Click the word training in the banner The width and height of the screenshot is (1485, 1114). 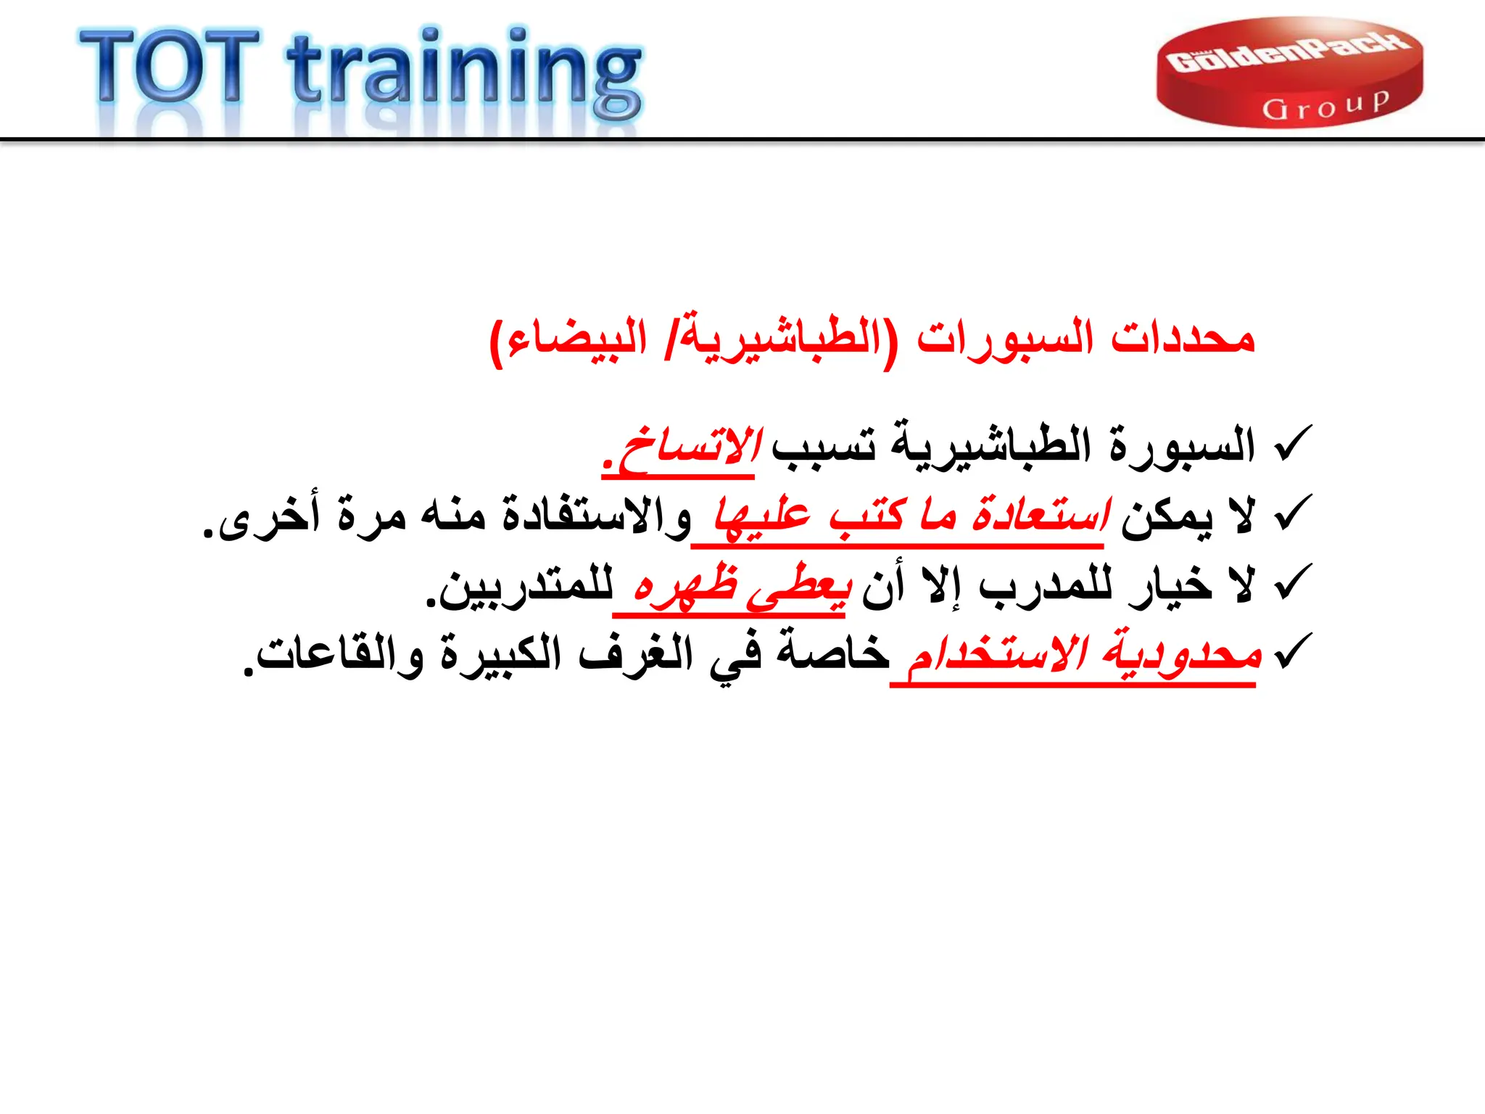coord(464,73)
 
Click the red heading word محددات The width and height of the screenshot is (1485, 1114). coord(1183,338)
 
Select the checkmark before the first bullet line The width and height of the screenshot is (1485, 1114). coord(1293,444)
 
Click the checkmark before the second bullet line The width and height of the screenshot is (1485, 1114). coord(1293,513)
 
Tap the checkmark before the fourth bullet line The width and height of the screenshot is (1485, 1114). coord(1293,651)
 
